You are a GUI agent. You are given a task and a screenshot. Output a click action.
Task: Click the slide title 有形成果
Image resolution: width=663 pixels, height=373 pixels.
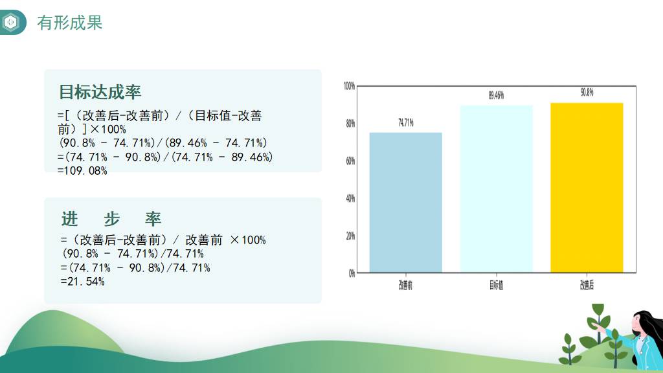click(x=70, y=23)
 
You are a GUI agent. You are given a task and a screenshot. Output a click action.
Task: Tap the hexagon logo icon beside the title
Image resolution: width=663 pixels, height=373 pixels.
click(x=10, y=22)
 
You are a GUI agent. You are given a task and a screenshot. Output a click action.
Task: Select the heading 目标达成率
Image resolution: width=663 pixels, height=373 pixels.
click(x=100, y=92)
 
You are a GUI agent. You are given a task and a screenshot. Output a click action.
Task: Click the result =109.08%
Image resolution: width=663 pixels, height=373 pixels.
click(x=82, y=171)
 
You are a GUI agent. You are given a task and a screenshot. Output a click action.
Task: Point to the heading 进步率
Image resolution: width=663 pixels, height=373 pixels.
click(x=111, y=219)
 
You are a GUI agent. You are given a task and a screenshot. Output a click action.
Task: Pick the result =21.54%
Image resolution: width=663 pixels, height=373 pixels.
click(x=82, y=282)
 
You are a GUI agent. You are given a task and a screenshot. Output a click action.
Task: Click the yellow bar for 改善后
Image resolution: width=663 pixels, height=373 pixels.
click(x=587, y=188)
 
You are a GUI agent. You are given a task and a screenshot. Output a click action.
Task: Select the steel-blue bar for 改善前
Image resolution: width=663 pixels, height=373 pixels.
click(x=406, y=203)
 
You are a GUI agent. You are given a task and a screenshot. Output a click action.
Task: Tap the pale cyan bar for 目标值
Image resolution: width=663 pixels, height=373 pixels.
click(x=497, y=189)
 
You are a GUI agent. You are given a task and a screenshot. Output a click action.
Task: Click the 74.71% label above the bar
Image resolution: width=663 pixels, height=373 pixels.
click(x=406, y=122)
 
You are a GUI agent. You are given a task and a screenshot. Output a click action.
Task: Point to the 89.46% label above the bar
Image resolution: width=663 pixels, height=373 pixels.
click(x=497, y=95)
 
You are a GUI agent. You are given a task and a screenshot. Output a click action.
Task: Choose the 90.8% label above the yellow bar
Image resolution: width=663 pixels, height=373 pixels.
click(x=587, y=92)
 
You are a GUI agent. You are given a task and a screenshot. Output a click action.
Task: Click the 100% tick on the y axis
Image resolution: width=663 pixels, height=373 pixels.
click(x=349, y=86)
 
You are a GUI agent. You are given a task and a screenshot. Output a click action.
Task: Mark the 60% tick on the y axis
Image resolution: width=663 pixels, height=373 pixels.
click(x=350, y=161)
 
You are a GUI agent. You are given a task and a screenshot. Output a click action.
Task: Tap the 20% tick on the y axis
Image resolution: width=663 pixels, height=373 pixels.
click(x=350, y=236)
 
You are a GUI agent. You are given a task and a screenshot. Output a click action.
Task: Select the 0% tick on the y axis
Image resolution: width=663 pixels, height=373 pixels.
click(x=352, y=273)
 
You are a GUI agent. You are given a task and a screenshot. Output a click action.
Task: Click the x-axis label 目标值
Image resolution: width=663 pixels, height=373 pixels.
click(x=497, y=285)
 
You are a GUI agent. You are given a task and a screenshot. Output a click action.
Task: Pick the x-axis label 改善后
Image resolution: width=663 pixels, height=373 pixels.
click(x=587, y=285)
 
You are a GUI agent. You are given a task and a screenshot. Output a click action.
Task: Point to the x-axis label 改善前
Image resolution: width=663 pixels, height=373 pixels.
click(x=405, y=285)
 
